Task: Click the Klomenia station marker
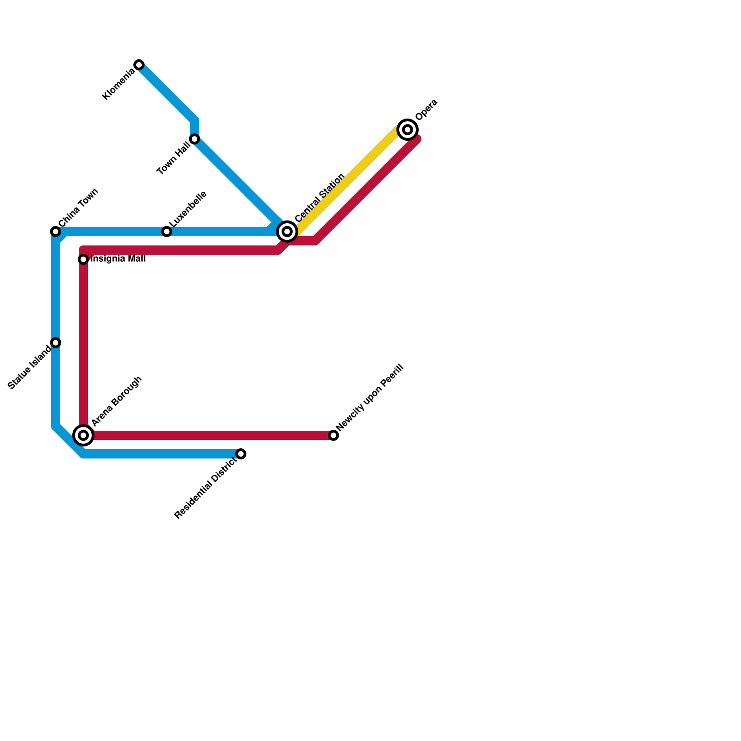click(x=139, y=65)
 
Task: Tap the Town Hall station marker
click(x=195, y=139)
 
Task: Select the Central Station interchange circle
click(x=287, y=232)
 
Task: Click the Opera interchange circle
click(x=408, y=130)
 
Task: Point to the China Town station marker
click(x=56, y=232)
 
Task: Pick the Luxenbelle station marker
click(x=167, y=232)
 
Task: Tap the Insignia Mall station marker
click(x=83, y=259)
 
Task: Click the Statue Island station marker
click(x=56, y=343)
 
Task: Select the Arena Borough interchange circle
click(x=83, y=435)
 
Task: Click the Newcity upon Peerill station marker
click(x=333, y=435)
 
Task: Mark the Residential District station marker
click(x=241, y=454)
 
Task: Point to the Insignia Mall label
click(x=118, y=259)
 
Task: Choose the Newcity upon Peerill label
click(x=370, y=397)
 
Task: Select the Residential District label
click(x=206, y=489)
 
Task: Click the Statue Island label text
click(x=30, y=368)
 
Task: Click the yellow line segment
click(x=347, y=178)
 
